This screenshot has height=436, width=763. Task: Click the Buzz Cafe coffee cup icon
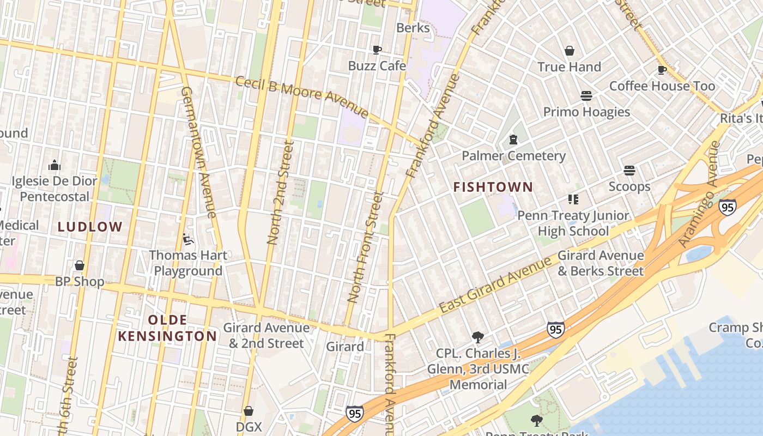click(377, 50)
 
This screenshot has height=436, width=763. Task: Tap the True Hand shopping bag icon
click(570, 51)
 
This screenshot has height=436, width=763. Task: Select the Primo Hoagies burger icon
click(586, 96)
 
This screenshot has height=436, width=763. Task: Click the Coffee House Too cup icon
click(662, 70)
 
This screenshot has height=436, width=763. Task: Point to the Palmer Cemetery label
click(513, 156)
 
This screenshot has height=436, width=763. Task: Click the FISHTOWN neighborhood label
click(493, 187)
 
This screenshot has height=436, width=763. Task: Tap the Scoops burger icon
click(629, 171)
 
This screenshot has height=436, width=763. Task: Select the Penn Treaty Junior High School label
click(573, 223)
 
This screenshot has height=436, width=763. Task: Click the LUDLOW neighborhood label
click(90, 227)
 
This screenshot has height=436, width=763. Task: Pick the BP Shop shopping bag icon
click(80, 265)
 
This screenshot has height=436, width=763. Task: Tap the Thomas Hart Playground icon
click(187, 239)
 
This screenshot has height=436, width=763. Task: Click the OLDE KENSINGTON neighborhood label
click(168, 328)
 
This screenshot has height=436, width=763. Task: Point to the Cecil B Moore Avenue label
click(302, 96)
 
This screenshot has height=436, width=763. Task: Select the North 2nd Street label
click(281, 192)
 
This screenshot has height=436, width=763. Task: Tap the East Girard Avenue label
click(495, 285)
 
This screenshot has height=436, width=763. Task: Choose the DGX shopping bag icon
click(249, 410)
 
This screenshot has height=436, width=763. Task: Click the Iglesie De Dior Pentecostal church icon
click(55, 165)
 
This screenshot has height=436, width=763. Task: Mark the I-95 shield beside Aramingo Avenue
click(727, 207)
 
